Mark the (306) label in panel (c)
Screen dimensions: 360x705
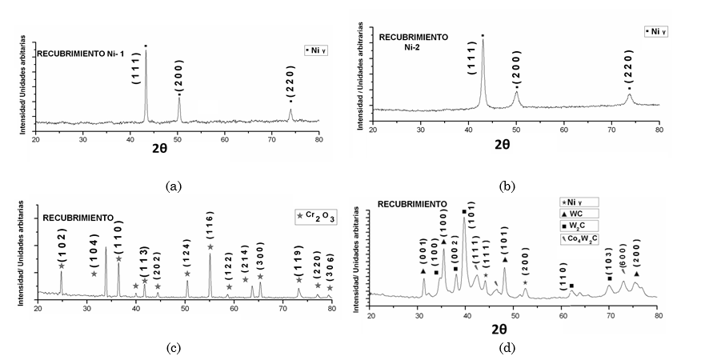[330, 273]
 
